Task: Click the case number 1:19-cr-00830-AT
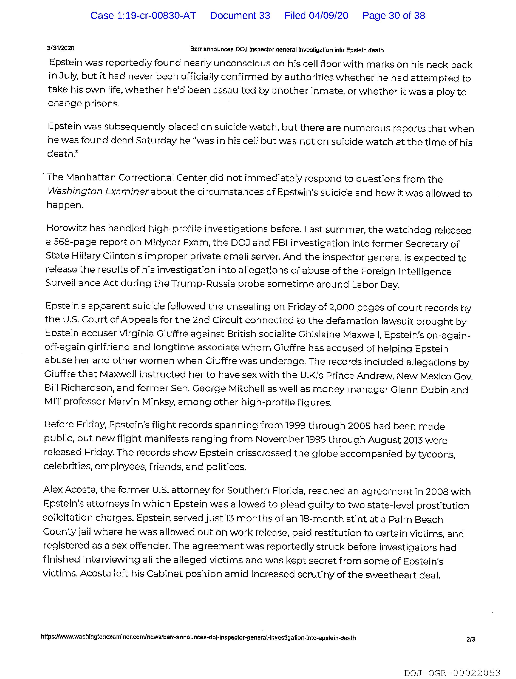[143, 16]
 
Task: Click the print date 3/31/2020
[61, 48]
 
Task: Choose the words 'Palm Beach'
[416, 519]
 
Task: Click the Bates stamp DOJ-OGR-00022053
[452, 673]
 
